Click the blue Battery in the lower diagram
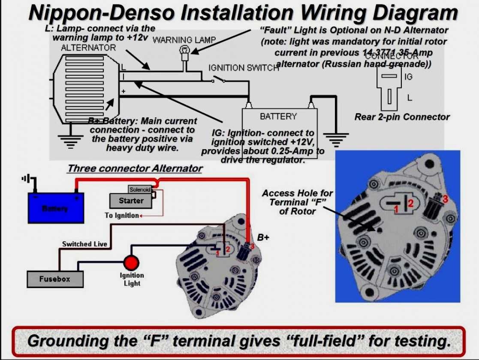coord(56,208)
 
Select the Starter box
coord(131,201)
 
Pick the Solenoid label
coord(140,189)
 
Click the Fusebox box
coord(55,279)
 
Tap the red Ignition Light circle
coord(131,262)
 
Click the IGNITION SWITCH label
coord(244,68)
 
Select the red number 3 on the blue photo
coord(445,199)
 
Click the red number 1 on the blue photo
coord(397,209)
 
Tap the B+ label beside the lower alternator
coord(263,237)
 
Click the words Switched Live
coord(84,244)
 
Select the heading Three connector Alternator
coord(135,168)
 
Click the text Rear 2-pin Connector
coord(402,117)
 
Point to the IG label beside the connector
coord(409,77)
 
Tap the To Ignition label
coord(122,215)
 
